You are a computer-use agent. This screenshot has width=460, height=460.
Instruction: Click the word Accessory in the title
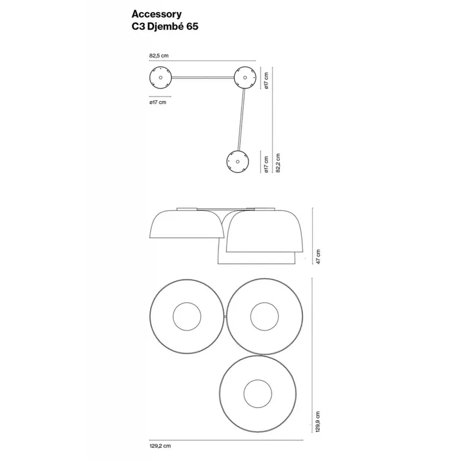point(156,14)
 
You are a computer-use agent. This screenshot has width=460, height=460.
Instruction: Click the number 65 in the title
point(192,26)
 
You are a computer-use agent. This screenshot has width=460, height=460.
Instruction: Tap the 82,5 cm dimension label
point(159,55)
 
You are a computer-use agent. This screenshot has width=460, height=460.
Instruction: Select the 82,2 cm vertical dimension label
point(278,163)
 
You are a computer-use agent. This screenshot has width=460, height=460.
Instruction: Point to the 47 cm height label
point(319,256)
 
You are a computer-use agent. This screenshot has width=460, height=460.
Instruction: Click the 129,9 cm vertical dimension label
point(318,421)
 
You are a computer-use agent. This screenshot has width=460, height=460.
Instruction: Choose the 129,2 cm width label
point(160,446)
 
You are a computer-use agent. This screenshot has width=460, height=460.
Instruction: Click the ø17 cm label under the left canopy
point(158,102)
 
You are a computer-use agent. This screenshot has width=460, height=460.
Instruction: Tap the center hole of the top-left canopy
point(160,78)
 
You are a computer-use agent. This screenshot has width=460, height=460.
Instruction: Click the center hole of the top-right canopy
point(245,78)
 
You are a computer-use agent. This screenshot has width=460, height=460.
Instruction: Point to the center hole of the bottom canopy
point(237,162)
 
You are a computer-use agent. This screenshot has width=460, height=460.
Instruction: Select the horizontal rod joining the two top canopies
point(203,78)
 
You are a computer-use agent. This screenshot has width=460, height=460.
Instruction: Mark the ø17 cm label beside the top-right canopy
point(266,80)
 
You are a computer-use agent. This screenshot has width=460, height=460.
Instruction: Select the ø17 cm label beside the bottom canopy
point(266,164)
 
